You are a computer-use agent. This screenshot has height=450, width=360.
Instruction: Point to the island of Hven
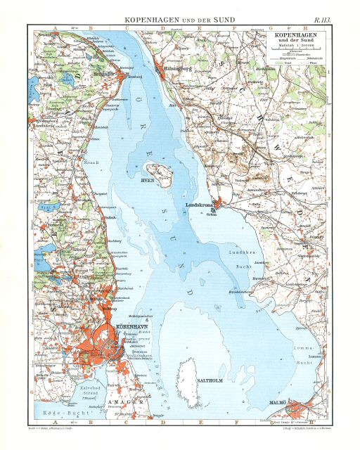click(159, 173)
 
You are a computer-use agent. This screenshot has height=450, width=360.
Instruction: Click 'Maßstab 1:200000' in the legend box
click(293, 46)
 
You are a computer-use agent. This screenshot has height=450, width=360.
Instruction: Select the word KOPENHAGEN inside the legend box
click(293, 34)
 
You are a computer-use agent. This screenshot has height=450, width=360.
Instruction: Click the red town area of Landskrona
click(219, 205)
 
